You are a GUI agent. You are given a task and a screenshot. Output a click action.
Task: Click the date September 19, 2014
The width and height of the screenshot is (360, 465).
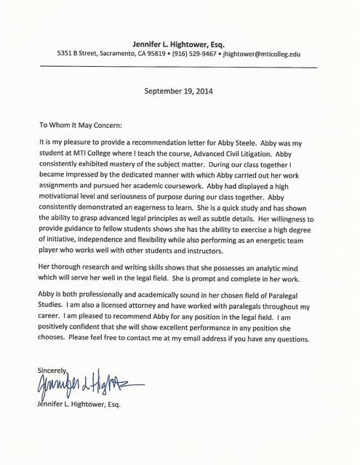[x=180, y=92]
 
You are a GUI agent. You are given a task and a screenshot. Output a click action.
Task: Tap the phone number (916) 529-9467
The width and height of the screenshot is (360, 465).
[x=196, y=54]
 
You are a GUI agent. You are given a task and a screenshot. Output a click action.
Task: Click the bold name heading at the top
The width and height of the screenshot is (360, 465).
[x=179, y=43]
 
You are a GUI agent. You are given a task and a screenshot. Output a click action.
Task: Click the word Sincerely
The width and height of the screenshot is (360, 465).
[x=53, y=370]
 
